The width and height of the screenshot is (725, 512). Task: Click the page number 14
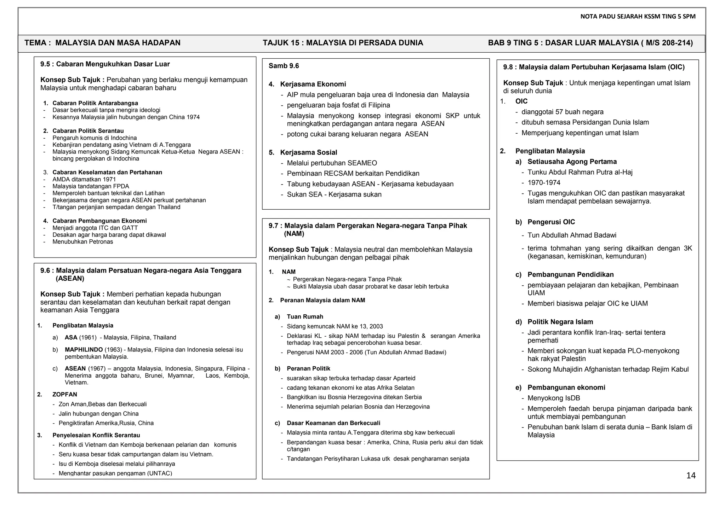(x=691, y=476)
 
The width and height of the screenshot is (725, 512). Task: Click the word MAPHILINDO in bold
(x=84, y=350)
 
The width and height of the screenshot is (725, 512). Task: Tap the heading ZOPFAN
(x=65, y=394)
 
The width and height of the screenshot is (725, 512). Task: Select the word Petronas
(x=101, y=242)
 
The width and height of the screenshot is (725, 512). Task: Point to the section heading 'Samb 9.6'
(x=284, y=66)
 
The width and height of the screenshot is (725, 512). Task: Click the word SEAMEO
(x=362, y=163)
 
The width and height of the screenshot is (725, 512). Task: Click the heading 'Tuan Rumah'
(x=305, y=317)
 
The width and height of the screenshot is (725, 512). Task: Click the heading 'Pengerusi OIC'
(x=551, y=222)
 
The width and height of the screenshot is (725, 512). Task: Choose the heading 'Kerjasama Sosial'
(x=308, y=152)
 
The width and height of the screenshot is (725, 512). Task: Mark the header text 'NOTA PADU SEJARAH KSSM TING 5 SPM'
(x=638, y=16)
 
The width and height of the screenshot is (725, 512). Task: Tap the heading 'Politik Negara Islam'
(x=560, y=322)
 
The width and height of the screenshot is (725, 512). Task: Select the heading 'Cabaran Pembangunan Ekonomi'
(x=99, y=221)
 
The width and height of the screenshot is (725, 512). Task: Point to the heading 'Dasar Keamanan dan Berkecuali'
(x=333, y=423)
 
